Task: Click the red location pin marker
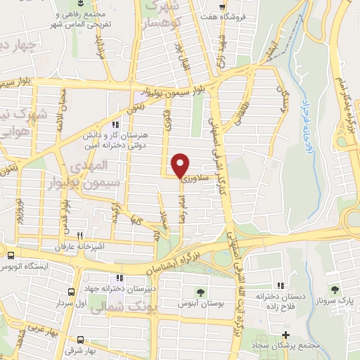181,165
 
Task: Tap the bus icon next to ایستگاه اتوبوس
11,253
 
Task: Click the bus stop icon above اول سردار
70,291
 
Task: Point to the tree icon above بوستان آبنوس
200,292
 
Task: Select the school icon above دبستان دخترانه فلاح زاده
280,285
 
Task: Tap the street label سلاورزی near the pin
195,179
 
